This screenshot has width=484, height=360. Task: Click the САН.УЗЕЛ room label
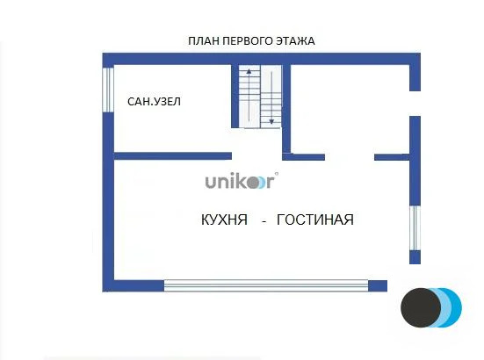155,102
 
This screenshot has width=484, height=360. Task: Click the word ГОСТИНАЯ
314,220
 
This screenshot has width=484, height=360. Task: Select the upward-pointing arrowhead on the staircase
249,70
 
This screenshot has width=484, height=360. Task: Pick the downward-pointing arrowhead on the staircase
271,120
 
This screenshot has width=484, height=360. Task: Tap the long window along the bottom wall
265,284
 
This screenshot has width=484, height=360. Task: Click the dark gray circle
420,308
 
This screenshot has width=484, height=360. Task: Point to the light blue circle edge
456,308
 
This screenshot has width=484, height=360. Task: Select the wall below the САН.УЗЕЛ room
172,156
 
